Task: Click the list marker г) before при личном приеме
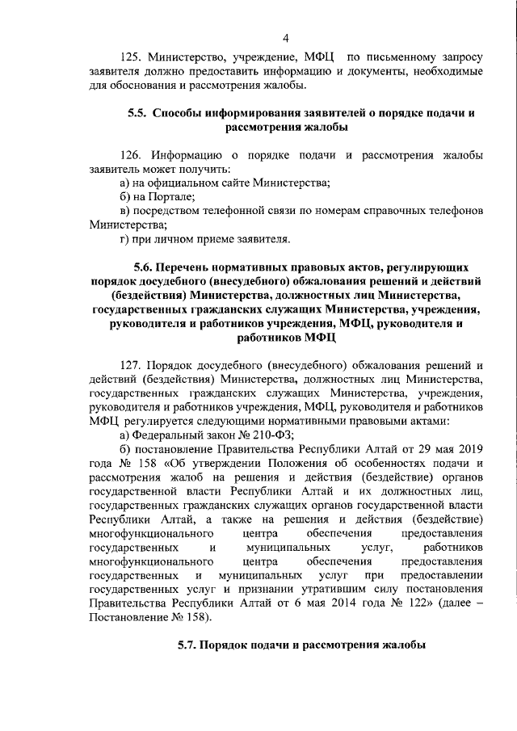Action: click(125, 238)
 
